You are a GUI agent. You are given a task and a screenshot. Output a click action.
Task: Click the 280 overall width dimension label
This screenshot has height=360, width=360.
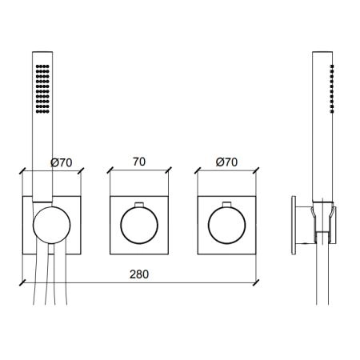point(139,274)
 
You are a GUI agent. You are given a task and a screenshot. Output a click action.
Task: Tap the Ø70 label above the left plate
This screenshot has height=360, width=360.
point(62,162)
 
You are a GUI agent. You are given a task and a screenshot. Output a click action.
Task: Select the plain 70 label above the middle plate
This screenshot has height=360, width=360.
point(139,162)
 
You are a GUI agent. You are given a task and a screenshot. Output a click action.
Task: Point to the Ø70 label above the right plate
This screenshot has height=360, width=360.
point(226,162)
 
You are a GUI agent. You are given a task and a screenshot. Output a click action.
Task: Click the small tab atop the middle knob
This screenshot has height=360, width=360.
point(139,204)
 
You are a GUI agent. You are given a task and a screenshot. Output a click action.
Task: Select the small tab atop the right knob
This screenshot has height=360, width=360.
point(226,204)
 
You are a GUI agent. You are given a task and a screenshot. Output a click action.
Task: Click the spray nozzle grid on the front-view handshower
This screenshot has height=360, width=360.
point(42,89)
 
